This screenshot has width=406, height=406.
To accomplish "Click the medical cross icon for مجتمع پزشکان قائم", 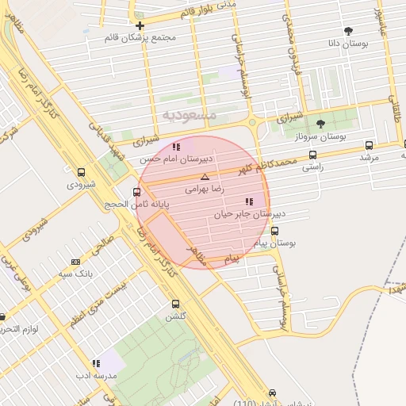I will (140, 25).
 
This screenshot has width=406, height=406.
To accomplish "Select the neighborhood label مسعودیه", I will (190, 115).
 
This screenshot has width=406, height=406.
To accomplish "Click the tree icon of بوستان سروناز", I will (320, 124).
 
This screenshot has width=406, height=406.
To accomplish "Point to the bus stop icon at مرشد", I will (369, 145).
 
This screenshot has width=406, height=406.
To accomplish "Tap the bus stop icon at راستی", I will (312, 155).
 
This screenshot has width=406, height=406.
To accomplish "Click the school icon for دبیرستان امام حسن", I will (175, 147).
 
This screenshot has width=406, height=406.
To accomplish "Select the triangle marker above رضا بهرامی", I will (205, 177).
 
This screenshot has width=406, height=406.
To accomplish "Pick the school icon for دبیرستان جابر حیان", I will (249, 201).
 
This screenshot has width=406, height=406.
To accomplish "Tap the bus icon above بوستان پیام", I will (274, 231).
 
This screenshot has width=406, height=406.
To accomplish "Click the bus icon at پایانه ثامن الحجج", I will (137, 192).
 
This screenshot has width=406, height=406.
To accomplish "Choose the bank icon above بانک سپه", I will (75, 262).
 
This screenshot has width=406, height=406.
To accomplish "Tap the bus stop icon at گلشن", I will (175, 304).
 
